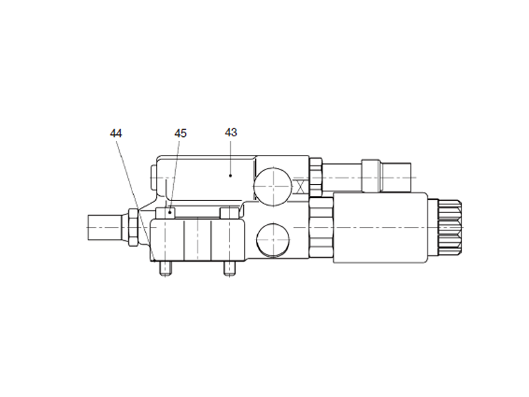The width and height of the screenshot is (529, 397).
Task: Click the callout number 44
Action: pos(116,133)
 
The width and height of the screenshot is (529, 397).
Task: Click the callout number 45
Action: pos(181,133)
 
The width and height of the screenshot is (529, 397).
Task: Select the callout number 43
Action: pos(231,132)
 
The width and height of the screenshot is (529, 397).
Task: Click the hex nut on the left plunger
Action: pos(132,228)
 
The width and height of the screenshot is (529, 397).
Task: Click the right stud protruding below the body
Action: pos(229,269)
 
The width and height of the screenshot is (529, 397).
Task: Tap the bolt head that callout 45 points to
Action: pos(165,213)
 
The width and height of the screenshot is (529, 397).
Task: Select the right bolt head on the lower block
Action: pos(227,213)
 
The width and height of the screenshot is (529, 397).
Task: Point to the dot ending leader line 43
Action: pos(230,175)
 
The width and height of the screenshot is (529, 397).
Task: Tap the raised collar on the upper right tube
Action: pos(372,175)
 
